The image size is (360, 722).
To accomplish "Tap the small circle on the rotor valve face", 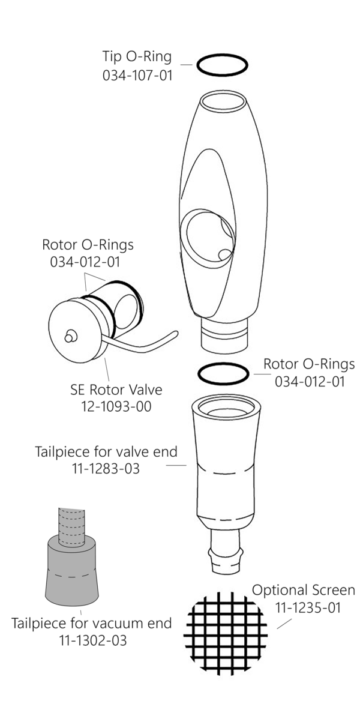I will tap(71, 337).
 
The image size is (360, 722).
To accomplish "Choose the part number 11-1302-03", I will tap(92, 640).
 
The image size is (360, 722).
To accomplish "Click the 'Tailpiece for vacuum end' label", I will tap(92, 623).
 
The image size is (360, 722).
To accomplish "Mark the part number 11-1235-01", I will tap(308, 607).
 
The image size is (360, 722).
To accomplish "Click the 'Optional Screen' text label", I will tap(304, 590).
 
